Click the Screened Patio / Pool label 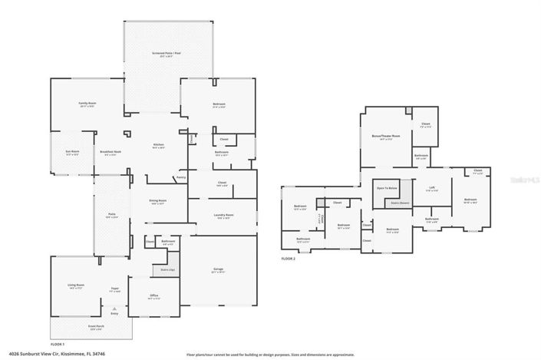tap(167, 54)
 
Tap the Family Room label tap(87, 103)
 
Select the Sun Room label tap(71, 152)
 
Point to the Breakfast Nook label tap(111, 152)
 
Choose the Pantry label tap(180, 177)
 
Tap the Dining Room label tap(158, 200)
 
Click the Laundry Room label tap(223, 216)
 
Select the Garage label tap(218, 269)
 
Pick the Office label tap(153, 296)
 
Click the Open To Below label tap(386, 188)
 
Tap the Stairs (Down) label tap(400, 203)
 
